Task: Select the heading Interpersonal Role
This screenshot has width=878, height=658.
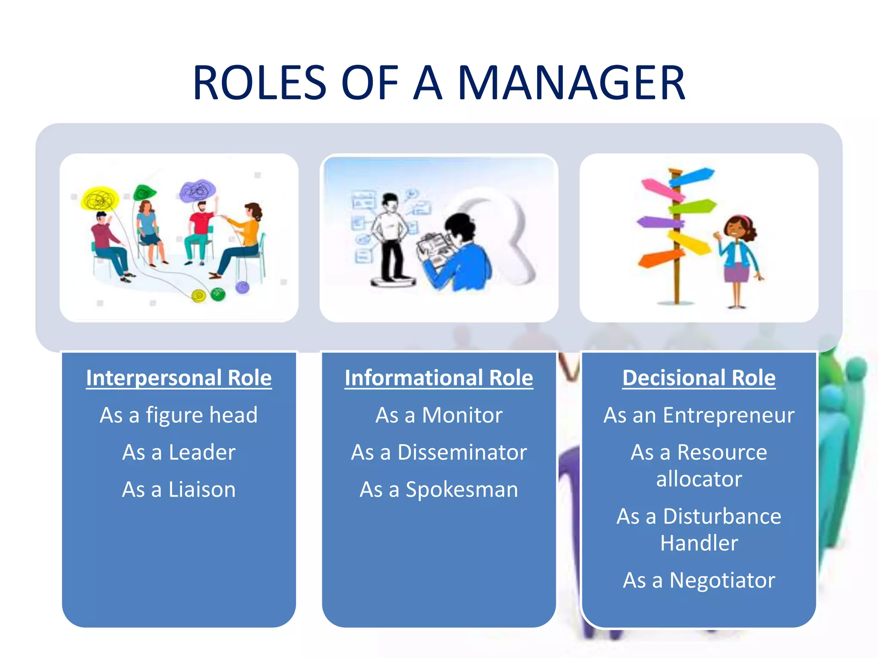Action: click(179, 378)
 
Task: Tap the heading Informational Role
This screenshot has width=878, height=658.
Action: click(439, 378)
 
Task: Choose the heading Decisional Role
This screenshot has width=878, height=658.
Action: click(699, 378)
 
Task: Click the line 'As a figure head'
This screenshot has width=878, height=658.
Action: click(179, 415)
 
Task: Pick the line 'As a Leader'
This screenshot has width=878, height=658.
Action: click(179, 452)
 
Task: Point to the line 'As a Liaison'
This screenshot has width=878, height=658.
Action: click(179, 490)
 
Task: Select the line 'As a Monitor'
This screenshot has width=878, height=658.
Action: click(439, 415)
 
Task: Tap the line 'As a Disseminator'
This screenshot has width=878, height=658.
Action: click(439, 452)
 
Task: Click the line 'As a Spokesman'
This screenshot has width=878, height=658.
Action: click(439, 490)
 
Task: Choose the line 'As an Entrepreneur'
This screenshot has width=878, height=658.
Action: click(699, 415)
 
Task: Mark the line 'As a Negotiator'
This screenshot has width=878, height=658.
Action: click(699, 580)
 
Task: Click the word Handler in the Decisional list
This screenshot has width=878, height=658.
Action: click(699, 543)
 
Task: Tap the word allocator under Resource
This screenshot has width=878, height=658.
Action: click(699, 479)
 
